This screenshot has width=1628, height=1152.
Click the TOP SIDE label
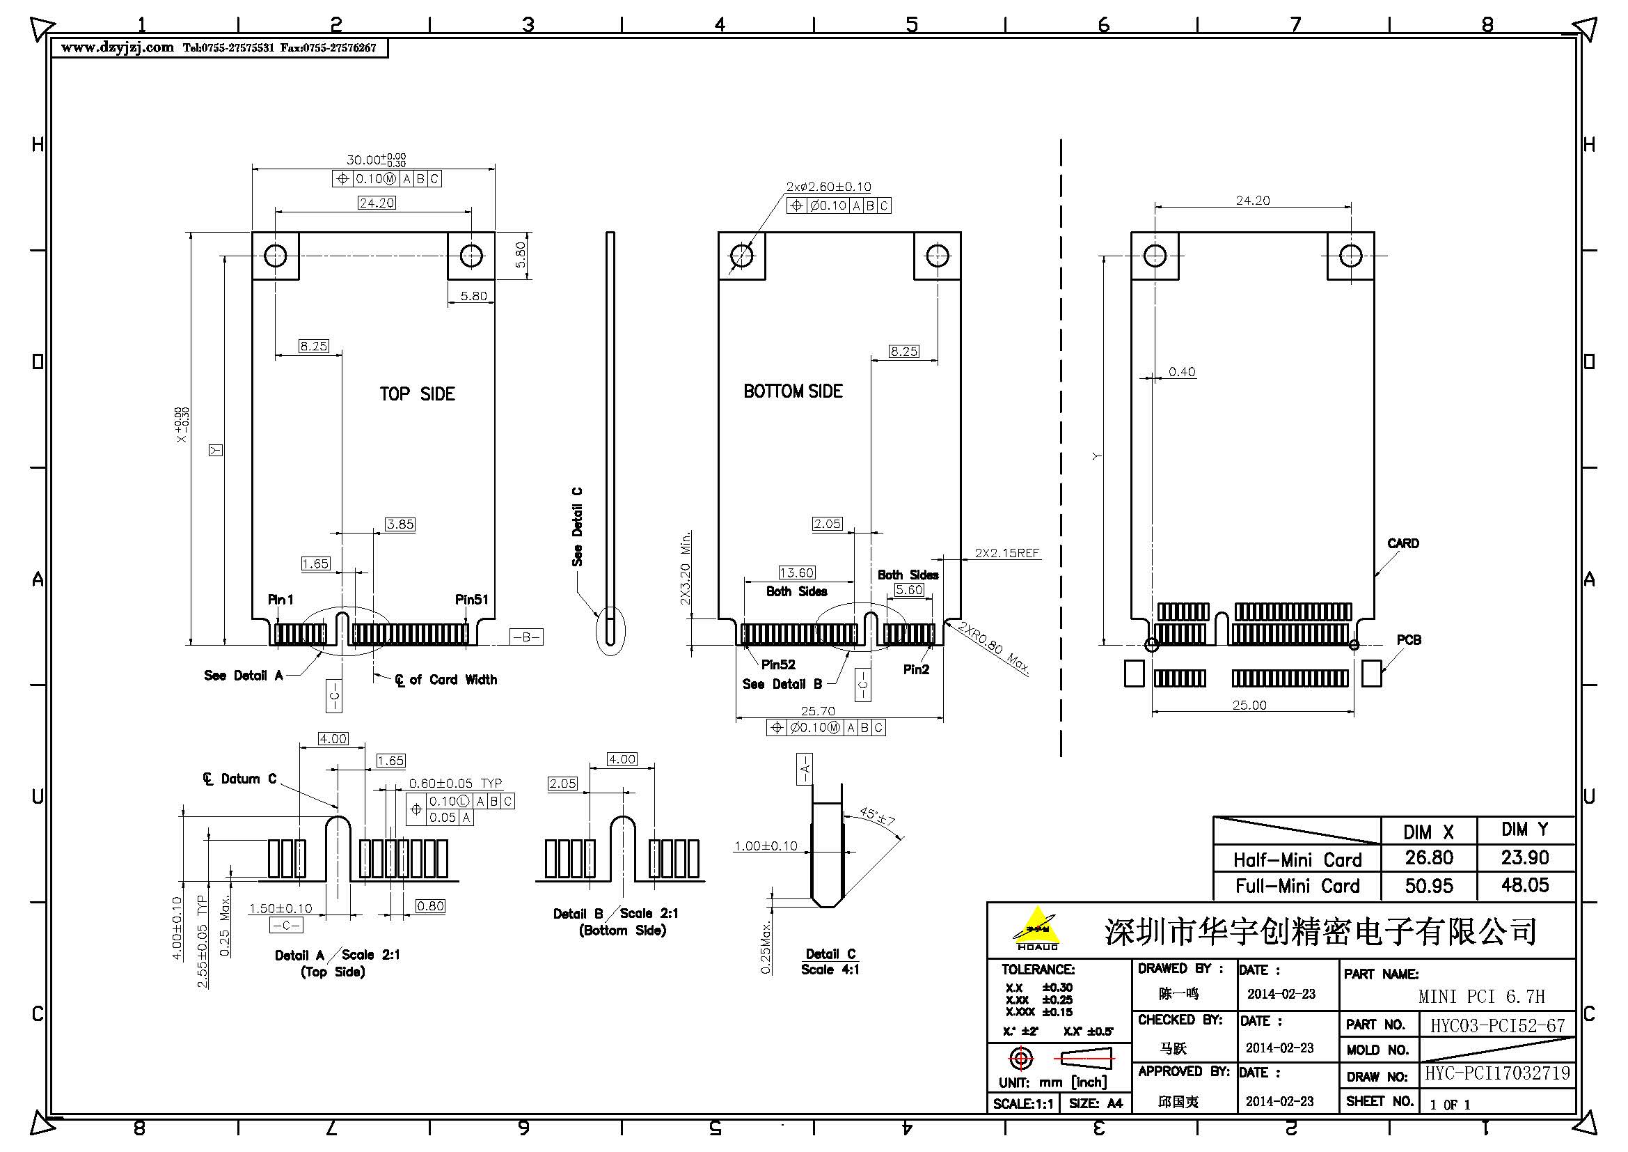tap(417, 394)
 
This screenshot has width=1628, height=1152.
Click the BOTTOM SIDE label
tap(793, 391)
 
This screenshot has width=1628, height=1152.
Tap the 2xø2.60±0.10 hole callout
tap(828, 187)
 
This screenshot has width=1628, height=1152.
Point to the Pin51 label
tap(471, 600)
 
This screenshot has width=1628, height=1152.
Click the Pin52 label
tap(778, 664)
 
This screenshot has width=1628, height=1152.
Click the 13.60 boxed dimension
tap(796, 573)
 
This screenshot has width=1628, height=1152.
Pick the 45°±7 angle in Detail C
tap(877, 816)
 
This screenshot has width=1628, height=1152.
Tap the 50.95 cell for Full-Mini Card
tap(1429, 885)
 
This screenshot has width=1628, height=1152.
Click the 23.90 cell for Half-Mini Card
tap(1524, 857)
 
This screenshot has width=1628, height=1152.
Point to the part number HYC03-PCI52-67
tap(1497, 1026)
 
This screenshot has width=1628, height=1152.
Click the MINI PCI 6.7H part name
tap(1481, 997)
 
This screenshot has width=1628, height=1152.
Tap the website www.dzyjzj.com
tap(117, 47)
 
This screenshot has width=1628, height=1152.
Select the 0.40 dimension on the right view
tap(1182, 372)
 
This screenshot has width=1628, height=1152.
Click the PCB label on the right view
tap(1408, 640)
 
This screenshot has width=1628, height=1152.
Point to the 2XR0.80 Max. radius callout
tap(993, 647)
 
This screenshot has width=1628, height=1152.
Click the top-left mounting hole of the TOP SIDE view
tap(275, 256)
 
